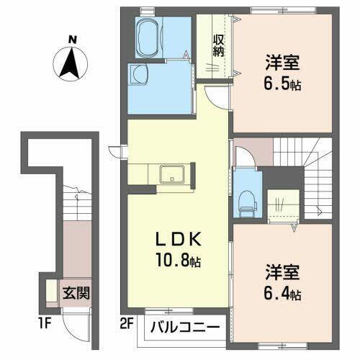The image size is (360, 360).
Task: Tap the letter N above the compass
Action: [x=71, y=40]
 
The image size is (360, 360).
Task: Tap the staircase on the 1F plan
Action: [x=72, y=202]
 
